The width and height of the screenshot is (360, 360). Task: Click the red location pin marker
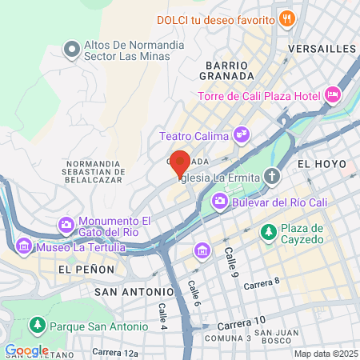click(180, 162)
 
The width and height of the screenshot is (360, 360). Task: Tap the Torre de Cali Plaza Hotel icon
click(334, 97)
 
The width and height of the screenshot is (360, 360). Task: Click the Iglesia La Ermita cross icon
click(273, 176)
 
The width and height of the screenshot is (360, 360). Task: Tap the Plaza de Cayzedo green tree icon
click(269, 233)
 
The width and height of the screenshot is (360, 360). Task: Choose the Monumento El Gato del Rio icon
click(65, 227)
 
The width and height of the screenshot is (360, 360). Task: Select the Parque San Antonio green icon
click(36, 326)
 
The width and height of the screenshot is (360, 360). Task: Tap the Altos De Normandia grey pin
click(71, 50)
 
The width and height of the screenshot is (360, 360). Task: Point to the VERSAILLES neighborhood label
click(321, 49)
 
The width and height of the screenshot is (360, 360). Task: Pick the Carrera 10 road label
click(240, 322)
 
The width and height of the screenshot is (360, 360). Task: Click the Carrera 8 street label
click(262, 282)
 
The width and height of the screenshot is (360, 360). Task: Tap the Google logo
click(26, 350)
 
